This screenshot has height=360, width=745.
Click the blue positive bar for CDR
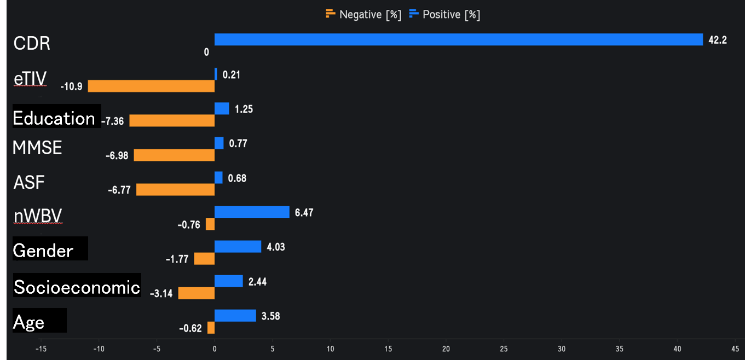click(458, 39)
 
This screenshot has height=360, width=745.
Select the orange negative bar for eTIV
click(151, 86)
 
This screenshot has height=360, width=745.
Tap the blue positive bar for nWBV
click(252, 212)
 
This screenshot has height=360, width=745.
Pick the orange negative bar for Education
click(172, 121)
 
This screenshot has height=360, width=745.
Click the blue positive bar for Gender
click(238, 247)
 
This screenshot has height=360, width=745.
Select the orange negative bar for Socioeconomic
click(196, 293)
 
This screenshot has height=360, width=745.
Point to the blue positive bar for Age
click(235, 316)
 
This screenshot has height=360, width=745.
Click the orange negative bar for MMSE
click(174, 155)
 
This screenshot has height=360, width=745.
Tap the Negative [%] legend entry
click(363, 15)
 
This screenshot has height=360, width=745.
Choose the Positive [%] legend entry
click(444, 15)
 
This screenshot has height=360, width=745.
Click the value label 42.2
click(718, 40)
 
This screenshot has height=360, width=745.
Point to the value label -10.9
click(72, 86)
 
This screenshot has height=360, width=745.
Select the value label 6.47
click(304, 213)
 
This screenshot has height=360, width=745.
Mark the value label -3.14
click(161, 294)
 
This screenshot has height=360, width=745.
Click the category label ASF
click(28, 183)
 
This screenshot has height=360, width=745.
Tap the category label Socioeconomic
click(77, 287)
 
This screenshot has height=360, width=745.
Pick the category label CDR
click(32, 43)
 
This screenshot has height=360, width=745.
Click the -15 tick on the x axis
click(41, 349)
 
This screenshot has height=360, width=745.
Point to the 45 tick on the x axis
click(735, 349)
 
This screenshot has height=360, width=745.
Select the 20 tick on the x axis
click(446, 349)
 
